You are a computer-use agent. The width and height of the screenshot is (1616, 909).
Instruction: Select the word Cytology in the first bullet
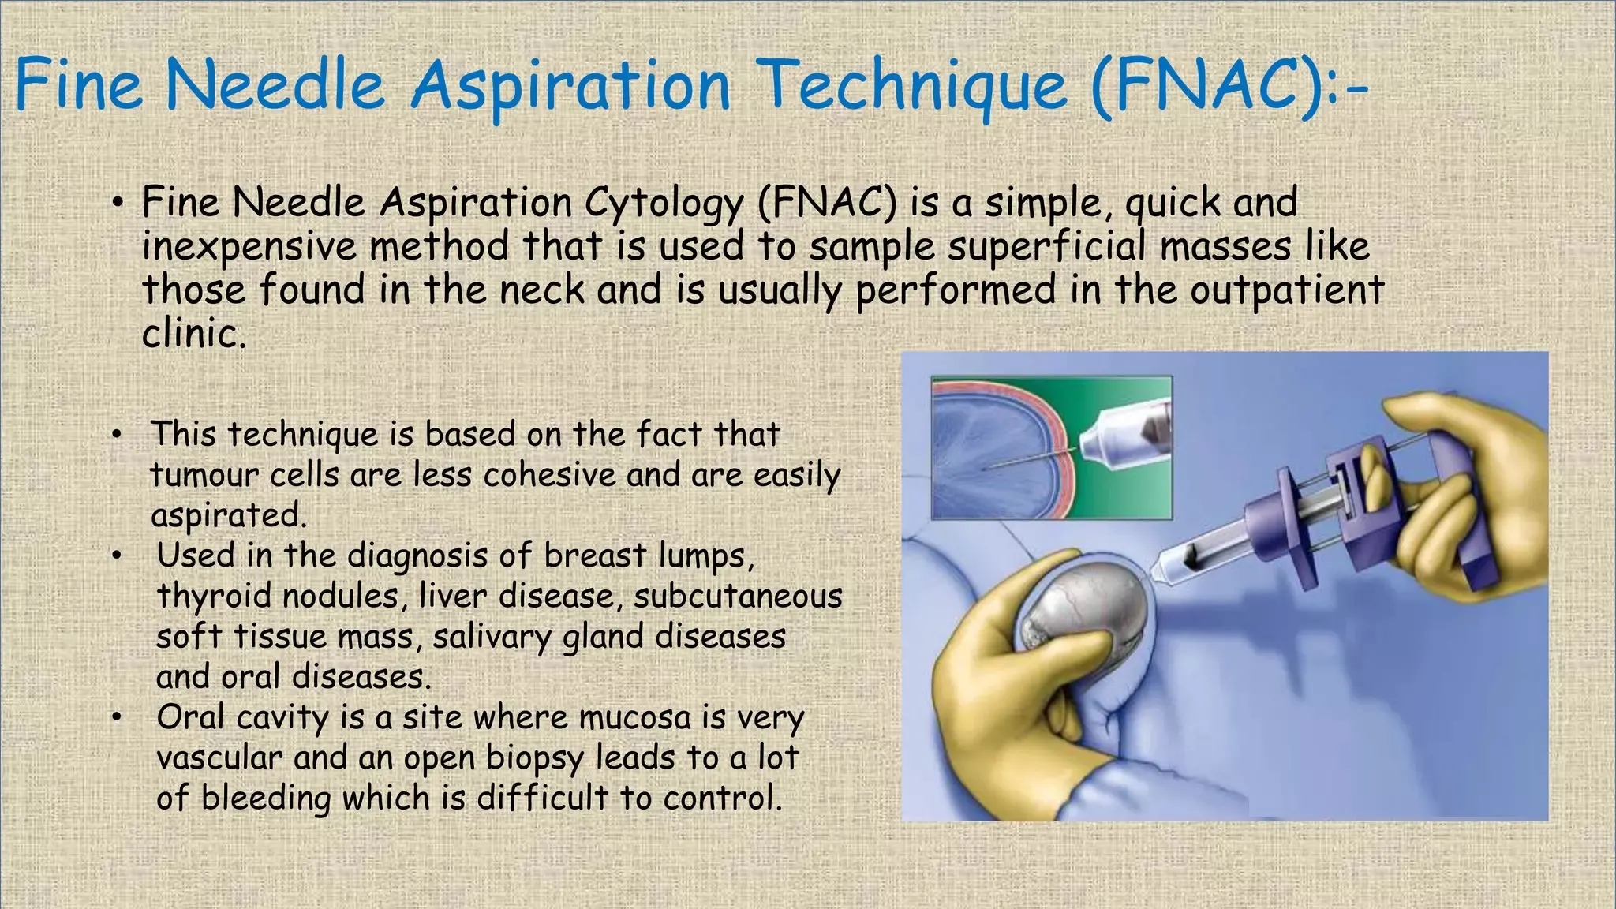[664, 204]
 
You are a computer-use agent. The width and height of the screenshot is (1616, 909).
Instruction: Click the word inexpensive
[249, 247]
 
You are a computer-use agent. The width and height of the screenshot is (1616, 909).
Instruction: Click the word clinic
[194, 332]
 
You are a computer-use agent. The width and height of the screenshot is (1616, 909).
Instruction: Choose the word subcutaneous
[738, 597]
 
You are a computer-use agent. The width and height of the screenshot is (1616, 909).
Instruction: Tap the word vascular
[219, 758]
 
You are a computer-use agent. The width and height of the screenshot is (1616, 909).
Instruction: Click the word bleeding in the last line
[266, 799]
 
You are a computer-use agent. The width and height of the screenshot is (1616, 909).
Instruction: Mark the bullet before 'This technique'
[117, 435]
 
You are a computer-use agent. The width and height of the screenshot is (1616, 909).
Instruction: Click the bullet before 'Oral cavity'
[117, 718]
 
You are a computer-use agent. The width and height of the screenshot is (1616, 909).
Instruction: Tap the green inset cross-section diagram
[1052, 447]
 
